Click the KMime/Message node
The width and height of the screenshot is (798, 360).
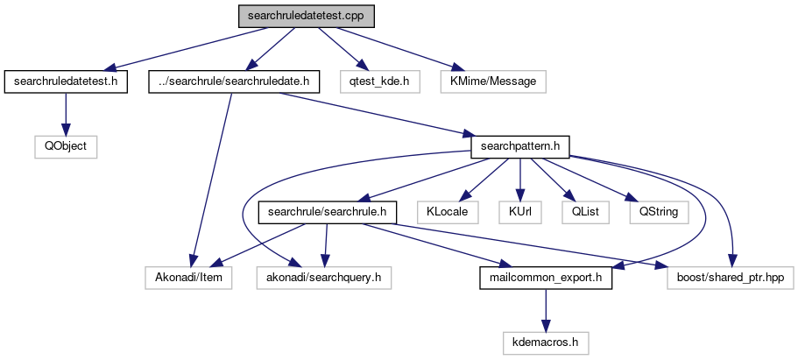498,81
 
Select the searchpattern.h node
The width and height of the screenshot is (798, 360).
521,146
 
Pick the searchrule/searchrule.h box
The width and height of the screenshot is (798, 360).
328,212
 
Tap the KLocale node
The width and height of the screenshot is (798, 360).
447,212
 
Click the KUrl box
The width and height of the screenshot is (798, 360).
520,212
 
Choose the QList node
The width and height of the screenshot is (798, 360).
580,212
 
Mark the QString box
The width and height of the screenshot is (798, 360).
658,212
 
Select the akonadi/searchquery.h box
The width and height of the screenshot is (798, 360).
323,278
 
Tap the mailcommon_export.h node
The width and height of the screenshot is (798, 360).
545,278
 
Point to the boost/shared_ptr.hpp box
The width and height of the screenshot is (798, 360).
730,278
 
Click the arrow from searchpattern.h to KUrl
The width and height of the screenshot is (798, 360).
520,180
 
